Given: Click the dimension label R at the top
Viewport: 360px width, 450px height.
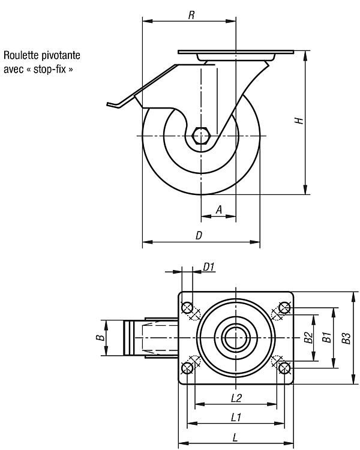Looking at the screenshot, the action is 191,15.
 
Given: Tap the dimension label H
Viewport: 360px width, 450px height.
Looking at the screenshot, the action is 299,121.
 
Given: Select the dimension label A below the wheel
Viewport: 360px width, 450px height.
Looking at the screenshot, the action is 219,210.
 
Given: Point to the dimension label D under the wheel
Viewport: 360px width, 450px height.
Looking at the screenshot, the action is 199,236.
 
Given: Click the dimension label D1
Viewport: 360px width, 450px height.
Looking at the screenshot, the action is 209,267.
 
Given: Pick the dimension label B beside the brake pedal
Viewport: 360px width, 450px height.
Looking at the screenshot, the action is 100,337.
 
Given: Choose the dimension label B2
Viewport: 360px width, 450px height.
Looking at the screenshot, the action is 308,337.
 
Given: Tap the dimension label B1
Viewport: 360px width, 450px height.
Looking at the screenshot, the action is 326,337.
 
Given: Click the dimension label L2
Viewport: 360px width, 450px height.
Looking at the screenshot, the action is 236,398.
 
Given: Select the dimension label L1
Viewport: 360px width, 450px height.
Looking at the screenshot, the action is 236,418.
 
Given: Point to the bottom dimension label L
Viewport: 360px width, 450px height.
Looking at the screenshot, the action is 235,437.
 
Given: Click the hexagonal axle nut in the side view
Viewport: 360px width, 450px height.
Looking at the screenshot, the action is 201,136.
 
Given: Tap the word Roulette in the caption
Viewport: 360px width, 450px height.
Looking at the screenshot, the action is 22,55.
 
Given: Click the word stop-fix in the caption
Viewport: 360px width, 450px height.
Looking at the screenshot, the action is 50,69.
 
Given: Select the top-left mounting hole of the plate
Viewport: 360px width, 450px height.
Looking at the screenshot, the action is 187,308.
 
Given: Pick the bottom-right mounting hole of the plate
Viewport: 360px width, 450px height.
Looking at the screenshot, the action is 284,368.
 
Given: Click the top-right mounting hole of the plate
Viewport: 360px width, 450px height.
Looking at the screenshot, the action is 284,308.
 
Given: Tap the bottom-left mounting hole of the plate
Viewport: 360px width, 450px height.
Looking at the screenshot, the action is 187,368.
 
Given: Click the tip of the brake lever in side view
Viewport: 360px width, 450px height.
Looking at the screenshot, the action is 107,104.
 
